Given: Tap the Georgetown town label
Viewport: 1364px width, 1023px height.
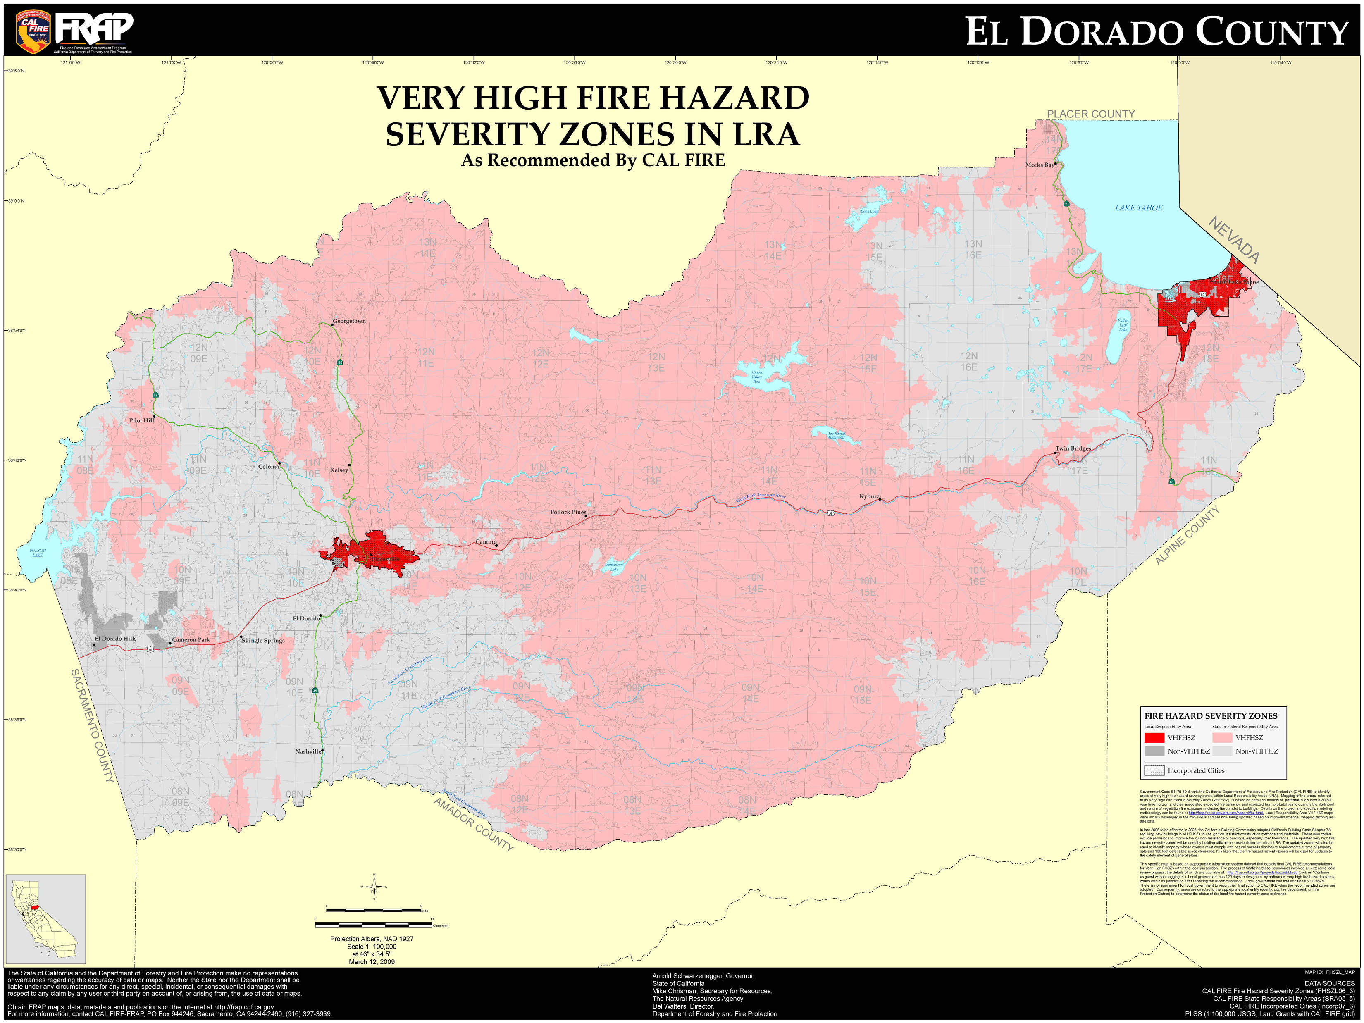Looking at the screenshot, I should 349,321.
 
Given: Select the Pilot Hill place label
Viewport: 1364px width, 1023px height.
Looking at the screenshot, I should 141,420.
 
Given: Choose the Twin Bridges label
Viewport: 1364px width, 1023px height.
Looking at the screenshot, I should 1073,448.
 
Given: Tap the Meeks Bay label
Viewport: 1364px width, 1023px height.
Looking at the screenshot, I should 1039,165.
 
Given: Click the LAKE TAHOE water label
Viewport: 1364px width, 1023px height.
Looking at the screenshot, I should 1138,208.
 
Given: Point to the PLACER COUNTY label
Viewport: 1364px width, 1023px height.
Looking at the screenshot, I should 1091,114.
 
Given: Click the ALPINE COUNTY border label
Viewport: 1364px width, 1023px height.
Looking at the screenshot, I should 1187,535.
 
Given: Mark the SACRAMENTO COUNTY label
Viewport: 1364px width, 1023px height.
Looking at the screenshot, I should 93,726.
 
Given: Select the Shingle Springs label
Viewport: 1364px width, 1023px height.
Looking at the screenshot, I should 263,641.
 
